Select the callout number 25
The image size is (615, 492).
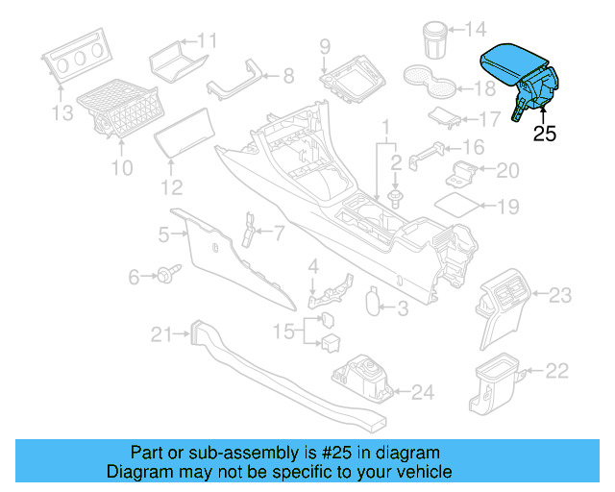[545, 135]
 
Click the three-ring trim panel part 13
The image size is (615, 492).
[75, 60]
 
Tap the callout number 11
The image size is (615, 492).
[208, 39]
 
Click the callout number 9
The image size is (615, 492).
[325, 45]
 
